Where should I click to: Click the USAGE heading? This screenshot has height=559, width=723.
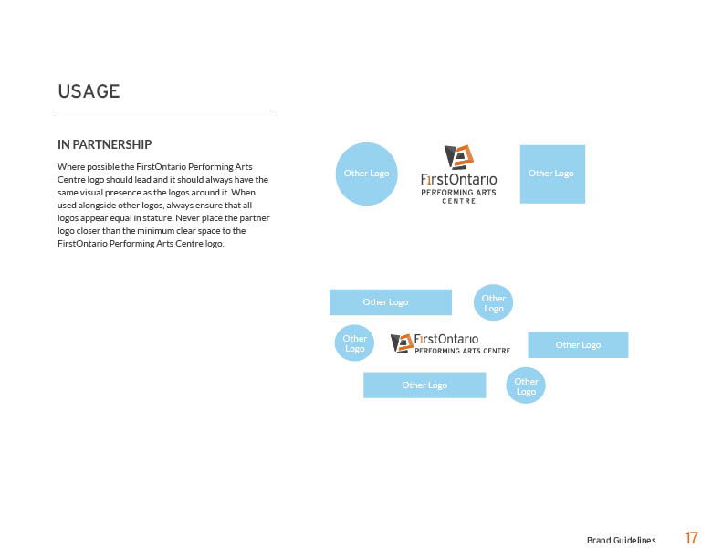89,91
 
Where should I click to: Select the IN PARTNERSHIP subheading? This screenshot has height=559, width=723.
104,144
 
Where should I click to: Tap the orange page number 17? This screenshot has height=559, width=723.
692,538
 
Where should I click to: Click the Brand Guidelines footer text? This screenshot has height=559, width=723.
621,541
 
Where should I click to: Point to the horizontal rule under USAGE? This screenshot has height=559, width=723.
164,111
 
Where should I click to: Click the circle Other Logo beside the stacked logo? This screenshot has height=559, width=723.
367,174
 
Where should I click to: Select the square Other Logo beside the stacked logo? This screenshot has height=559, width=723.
551,174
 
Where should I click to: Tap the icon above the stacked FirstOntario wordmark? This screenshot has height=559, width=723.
458,157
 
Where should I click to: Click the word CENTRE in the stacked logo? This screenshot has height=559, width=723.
458,201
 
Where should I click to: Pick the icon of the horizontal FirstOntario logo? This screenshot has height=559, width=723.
402,343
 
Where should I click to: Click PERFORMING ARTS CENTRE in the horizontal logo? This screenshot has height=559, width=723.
463,351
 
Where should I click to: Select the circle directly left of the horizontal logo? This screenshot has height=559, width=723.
354,343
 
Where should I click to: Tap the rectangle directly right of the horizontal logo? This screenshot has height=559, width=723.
578,344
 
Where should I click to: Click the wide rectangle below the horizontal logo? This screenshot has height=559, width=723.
424,385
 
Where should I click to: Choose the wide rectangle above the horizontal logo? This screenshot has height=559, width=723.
390,301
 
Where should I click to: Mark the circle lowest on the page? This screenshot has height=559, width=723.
526,386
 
